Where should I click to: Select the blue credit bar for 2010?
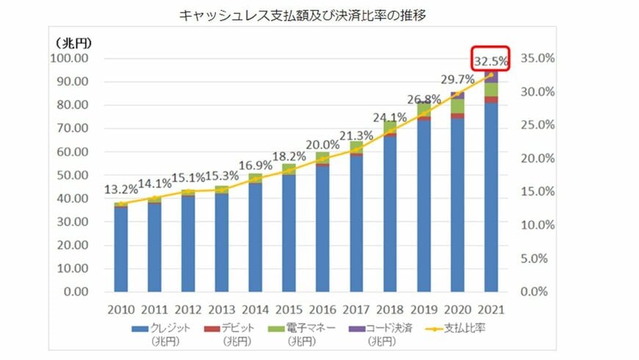(120, 250)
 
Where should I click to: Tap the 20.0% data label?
(322, 145)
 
